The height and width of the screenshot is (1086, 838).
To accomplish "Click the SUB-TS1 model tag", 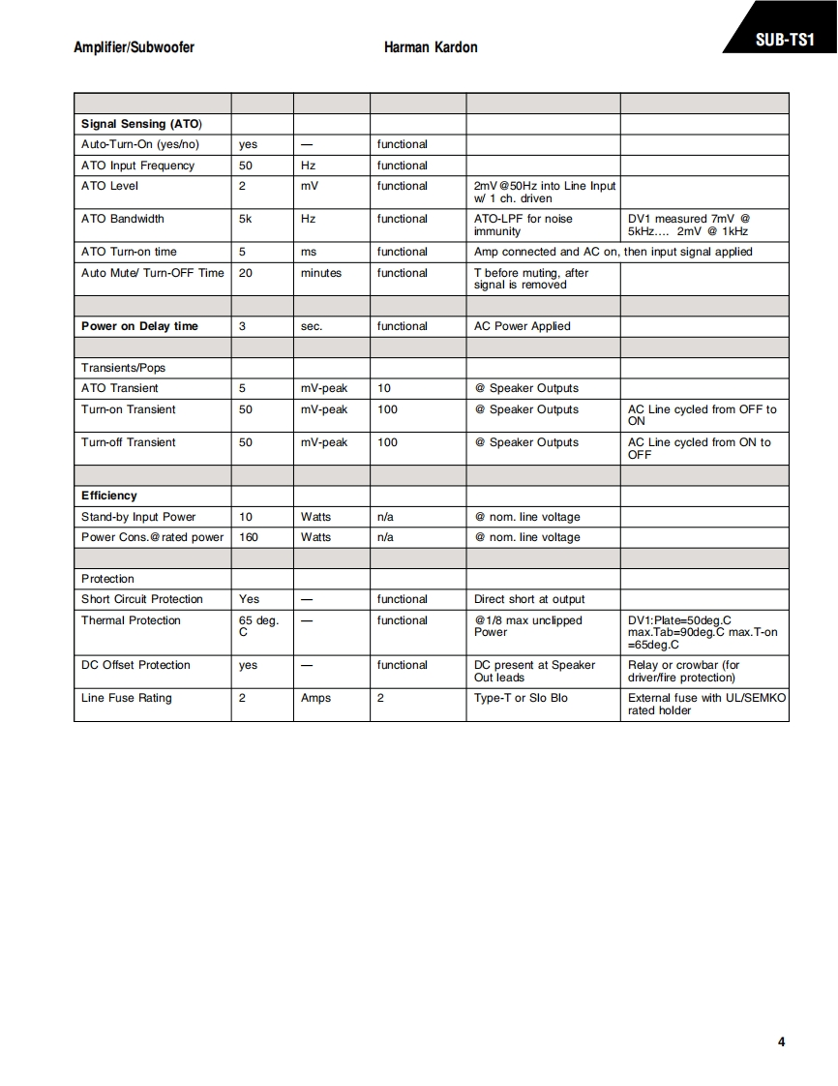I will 783,41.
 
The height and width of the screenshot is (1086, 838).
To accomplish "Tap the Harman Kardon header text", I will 431,47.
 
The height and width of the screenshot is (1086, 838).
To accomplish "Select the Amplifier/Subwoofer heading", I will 134,47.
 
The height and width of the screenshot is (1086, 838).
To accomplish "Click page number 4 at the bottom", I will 781,1041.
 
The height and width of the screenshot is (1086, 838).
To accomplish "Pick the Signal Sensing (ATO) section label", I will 141,124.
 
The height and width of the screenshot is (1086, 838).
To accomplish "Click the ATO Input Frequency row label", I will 137,166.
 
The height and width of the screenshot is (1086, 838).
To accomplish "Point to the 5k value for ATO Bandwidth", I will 246,219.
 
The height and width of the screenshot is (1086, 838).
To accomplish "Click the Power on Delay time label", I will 139,326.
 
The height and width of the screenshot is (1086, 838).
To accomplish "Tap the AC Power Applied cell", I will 523,326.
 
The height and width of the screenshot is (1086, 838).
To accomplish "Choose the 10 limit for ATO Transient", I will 384,388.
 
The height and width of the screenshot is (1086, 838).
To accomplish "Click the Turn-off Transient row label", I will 129,442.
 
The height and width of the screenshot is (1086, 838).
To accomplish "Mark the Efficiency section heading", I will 109,496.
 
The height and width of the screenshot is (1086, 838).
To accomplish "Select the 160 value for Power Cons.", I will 249,537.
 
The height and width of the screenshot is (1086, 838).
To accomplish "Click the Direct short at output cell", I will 529,599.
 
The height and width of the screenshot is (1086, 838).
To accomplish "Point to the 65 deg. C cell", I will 258,625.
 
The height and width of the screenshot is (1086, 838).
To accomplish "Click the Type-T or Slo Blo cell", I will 521,698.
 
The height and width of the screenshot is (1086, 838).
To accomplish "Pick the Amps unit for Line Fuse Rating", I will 315,698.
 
